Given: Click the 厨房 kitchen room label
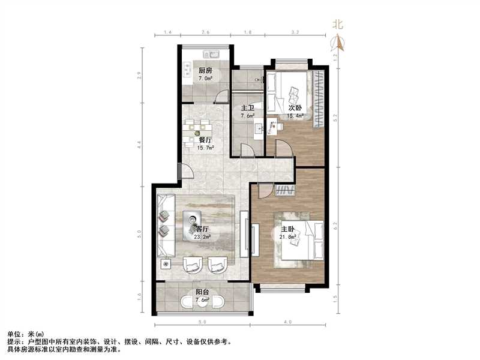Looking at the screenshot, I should (x=206, y=71).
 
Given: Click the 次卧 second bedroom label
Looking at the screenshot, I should (x=295, y=108).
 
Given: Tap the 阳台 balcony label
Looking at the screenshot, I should (x=202, y=293).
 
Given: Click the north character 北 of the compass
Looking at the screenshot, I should (x=338, y=25).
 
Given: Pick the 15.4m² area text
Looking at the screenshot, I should (x=295, y=116).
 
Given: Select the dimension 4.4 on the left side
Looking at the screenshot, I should (x=139, y=144).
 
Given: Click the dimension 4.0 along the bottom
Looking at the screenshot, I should (x=288, y=322).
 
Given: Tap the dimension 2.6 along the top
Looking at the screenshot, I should (x=206, y=32).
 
